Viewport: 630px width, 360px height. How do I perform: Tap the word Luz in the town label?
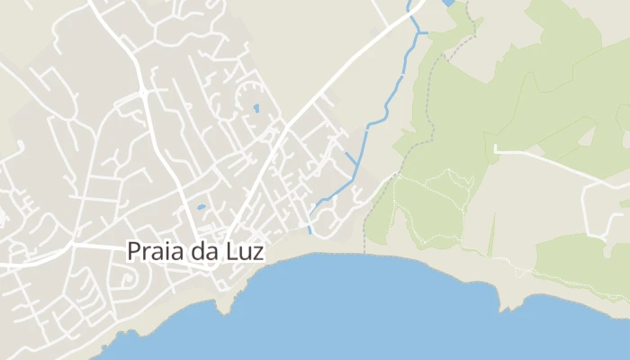point(245,251)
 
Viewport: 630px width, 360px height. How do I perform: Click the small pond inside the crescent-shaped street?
point(256,109)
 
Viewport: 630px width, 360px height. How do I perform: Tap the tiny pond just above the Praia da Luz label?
point(201,207)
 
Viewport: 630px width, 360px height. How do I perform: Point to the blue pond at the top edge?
point(449,4)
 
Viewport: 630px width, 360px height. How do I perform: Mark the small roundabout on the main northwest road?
point(142,92)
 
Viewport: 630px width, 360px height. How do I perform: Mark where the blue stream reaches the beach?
point(310,232)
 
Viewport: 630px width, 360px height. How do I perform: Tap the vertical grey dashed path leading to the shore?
point(364,229)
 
